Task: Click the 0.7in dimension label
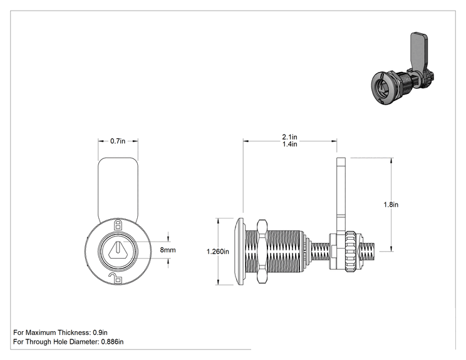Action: coord(118,141)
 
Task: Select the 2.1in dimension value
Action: coord(289,137)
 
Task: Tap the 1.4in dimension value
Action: coord(289,144)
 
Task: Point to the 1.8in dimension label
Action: coord(391,205)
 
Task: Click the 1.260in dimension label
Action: coord(218,252)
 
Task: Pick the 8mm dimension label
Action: coord(168,250)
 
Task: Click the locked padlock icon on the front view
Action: coord(118,225)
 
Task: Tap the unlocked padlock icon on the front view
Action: coord(116,278)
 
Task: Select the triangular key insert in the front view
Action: coord(118,250)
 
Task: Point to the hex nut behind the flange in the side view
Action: coord(262,251)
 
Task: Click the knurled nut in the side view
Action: coord(351,251)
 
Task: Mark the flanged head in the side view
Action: coord(241,251)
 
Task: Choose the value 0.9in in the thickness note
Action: coord(100,332)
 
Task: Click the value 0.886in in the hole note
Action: coord(112,342)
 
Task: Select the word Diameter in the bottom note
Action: coord(84,342)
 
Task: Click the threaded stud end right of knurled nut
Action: coord(368,251)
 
